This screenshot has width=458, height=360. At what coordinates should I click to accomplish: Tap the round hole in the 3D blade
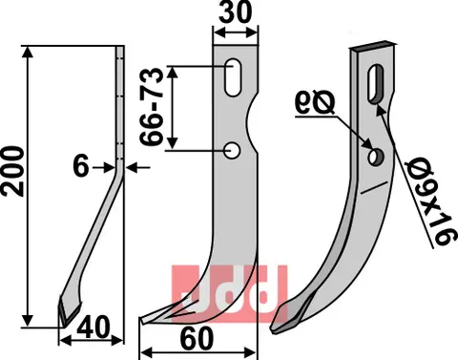(375, 154)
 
